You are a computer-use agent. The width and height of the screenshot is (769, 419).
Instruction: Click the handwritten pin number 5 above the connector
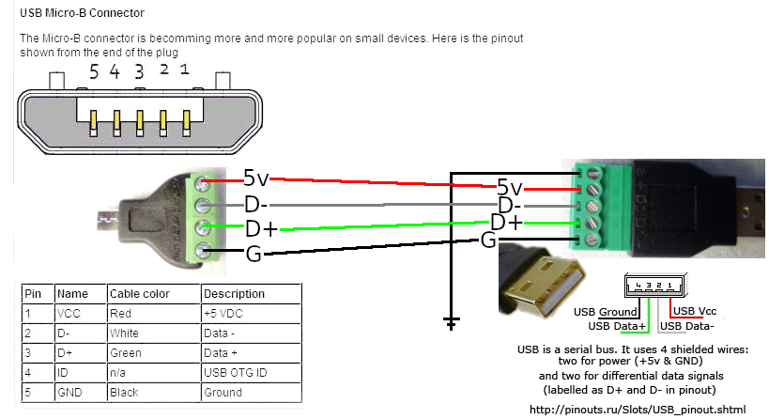pos(93,70)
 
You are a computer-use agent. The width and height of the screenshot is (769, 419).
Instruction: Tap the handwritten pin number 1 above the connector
pos(185,70)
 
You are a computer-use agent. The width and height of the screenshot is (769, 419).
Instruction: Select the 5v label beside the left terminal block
pos(256,178)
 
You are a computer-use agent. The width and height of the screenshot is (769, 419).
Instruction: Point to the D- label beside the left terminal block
pos(256,203)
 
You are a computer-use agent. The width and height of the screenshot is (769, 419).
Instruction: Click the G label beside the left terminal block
pos(253,253)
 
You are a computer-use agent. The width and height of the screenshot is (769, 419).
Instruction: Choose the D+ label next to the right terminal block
pos(507,223)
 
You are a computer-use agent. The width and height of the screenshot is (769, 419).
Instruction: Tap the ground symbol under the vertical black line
pos(452,324)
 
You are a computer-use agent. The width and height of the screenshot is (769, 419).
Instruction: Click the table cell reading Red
pos(123,314)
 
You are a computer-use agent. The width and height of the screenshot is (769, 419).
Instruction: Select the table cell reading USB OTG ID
pos(234,373)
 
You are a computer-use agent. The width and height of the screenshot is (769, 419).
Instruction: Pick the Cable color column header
pos(140,294)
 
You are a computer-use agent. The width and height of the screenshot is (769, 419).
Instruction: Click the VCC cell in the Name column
pos(71,314)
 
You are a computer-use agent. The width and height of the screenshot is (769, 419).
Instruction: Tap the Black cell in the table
pos(125,393)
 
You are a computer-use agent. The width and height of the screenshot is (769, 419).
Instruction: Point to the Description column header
pos(234,294)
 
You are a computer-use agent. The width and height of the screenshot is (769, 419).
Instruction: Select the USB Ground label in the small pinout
pos(606,312)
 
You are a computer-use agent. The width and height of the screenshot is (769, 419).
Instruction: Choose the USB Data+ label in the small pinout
pos(617,326)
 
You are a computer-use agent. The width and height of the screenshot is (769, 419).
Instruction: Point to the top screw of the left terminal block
pos(202,183)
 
